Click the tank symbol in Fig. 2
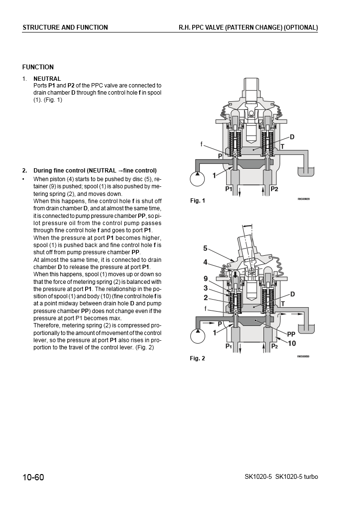pyautogui.click(x=307, y=329)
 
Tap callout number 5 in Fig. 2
pyautogui.click(x=205, y=248)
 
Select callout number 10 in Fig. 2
pyautogui.click(x=292, y=343)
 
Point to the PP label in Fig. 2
pyautogui.click(x=291, y=335)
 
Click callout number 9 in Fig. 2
pyautogui.click(x=205, y=279)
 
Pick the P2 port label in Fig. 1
pyautogui.click(x=274, y=189)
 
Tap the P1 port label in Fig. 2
pyautogui.click(x=229, y=346)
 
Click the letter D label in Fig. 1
pyautogui.click(x=292, y=137)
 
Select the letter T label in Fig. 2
pyautogui.click(x=283, y=303)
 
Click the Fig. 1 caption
pyautogui.click(x=197, y=201)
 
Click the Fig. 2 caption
pyautogui.click(x=197, y=358)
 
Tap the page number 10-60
pyautogui.click(x=33, y=477)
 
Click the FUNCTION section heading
pyautogui.click(x=38, y=67)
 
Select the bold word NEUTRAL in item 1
pyautogui.click(x=47, y=79)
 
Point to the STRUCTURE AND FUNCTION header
pyautogui.click(x=65, y=28)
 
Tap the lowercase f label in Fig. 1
pyautogui.click(x=202, y=143)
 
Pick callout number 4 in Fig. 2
pyautogui.click(x=205, y=262)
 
